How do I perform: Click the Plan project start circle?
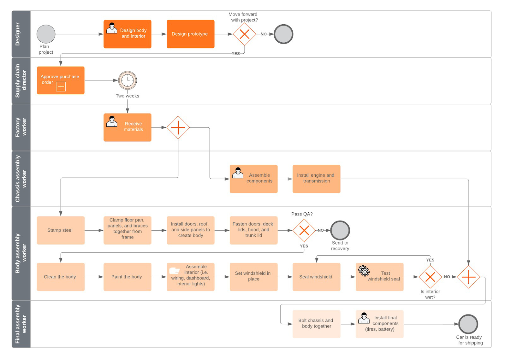point(46,34)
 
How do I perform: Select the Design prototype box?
point(190,34)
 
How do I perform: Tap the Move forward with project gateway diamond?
point(244,34)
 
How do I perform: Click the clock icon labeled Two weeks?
point(128,80)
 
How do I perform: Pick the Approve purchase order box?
point(61,80)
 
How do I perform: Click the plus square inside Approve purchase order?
point(61,86)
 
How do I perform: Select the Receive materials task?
point(127,127)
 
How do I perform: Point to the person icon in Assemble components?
point(238,173)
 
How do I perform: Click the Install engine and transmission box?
point(316,179)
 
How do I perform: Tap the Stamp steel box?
point(61,230)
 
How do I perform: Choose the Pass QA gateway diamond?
point(304,230)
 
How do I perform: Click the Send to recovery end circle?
point(340,230)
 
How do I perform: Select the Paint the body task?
point(127,277)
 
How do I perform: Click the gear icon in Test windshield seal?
point(364,270)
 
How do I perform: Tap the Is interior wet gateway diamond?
point(430,277)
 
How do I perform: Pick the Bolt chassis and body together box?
point(316,324)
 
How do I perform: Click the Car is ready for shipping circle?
point(468,324)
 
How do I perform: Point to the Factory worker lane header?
point(21,127)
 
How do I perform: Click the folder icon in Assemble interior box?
point(174,270)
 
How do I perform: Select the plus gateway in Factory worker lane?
point(178,127)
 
